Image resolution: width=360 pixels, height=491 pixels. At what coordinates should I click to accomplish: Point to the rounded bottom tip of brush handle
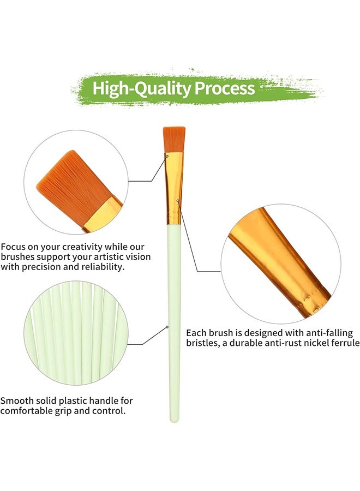click(174, 419)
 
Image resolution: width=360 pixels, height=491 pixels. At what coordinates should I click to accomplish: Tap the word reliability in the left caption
click(100, 267)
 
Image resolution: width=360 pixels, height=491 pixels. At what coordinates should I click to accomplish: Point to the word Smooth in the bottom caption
click(17, 400)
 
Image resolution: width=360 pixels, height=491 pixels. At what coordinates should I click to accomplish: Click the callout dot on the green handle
click(167, 327)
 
